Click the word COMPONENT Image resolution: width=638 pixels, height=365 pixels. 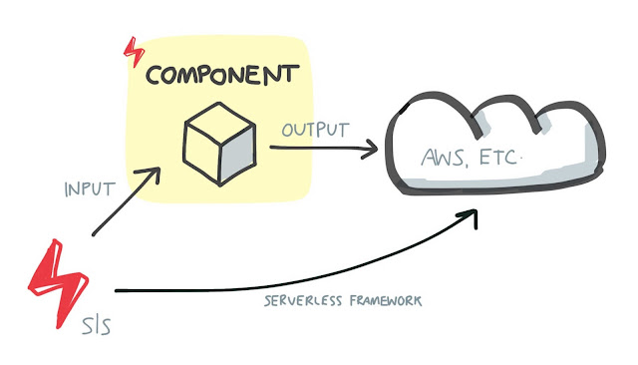[221, 75]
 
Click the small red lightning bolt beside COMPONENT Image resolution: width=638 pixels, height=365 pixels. [132, 51]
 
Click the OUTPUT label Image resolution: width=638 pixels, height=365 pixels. [315, 130]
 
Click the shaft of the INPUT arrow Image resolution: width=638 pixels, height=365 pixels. [120, 207]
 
